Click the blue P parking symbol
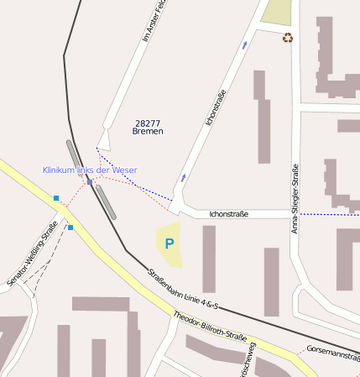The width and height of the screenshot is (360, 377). click(x=169, y=244)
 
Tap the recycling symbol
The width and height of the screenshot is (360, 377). click(x=288, y=38)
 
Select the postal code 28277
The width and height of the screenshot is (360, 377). click(x=148, y=123)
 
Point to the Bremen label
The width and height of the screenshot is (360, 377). click(x=148, y=132)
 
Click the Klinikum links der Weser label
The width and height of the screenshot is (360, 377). click(x=90, y=170)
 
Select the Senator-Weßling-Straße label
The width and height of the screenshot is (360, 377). click(x=32, y=254)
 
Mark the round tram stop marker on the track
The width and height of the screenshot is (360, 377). click(x=90, y=181)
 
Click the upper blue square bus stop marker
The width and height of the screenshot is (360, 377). click(x=56, y=198)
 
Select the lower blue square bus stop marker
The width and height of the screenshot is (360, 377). click(x=70, y=227)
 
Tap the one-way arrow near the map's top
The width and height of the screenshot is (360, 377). click(x=245, y=44)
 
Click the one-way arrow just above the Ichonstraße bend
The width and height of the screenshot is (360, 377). click(x=184, y=177)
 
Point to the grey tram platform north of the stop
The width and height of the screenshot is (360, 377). click(x=76, y=157)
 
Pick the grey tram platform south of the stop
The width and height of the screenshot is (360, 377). click(x=106, y=202)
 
